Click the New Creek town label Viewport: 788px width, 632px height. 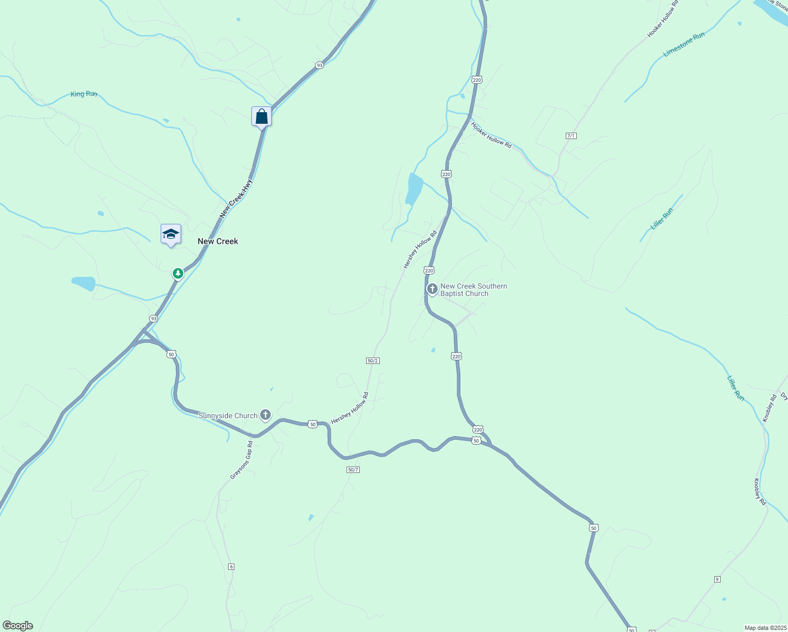[x=218, y=241]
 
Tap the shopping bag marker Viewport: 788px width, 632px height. [x=261, y=116]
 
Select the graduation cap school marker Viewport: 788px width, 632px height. [x=171, y=233]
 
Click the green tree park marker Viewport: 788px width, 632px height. [x=178, y=273]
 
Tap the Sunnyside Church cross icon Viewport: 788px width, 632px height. [x=265, y=415]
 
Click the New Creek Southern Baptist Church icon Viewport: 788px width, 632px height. [x=432, y=289]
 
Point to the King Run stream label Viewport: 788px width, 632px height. [x=84, y=94]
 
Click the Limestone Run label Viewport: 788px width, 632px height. [x=684, y=45]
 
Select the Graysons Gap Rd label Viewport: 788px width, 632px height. [x=242, y=460]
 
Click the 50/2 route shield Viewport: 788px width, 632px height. [x=373, y=361]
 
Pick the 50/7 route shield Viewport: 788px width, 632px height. [x=353, y=469]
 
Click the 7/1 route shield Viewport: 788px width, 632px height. [x=571, y=136]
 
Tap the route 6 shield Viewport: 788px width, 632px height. [x=231, y=566]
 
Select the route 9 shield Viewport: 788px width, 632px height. [x=717, y=579]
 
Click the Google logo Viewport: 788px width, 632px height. [x=17, y=626]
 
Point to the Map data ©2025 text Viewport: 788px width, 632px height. [x=765, y=628]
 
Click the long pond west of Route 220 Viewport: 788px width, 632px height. [x=414, y=189]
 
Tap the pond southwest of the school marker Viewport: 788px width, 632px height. [x=84, y=283]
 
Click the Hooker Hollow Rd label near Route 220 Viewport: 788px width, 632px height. [x=491, y=135]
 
